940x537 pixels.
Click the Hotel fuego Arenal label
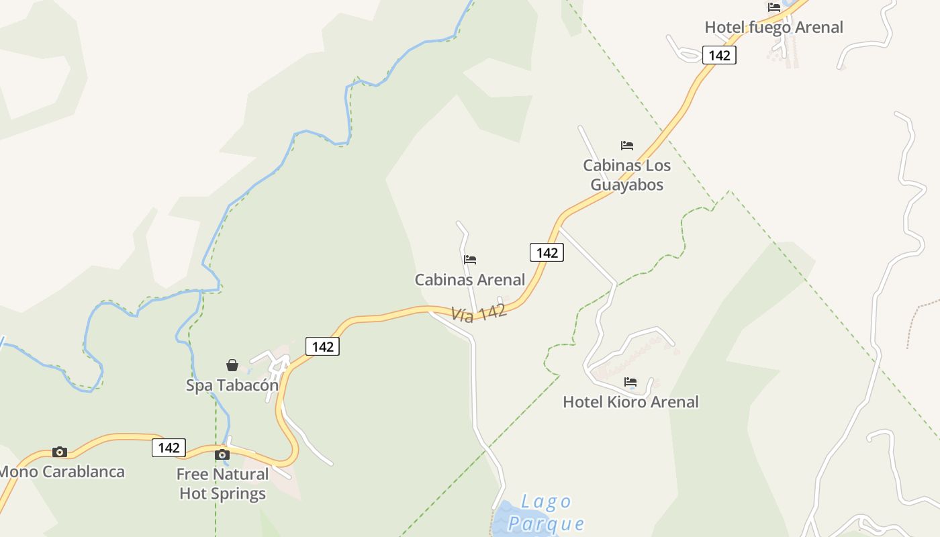point(773,28)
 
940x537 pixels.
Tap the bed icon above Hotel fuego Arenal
point(774,7)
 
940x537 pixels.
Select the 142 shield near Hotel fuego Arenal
point(719,55)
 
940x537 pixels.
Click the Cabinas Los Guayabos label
point(626,175)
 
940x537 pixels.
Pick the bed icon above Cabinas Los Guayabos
point(627,145)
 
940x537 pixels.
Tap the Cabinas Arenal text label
point(470,279)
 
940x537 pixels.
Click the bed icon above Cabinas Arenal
point(470,259)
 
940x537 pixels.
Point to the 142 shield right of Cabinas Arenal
point(547,252)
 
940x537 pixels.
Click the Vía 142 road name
point(479,313)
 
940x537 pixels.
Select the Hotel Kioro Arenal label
point(630,401)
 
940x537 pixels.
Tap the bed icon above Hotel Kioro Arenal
point(630,382)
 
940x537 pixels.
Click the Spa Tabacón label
point(232,385)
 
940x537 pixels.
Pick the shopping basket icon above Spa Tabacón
point(232,365)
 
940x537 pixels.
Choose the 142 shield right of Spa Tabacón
point(322,346)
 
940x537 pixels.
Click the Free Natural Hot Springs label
point(222,483)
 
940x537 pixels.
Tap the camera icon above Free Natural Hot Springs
point(222,454)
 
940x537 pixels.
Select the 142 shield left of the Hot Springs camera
point(169,448)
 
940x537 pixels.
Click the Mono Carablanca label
point(62,471)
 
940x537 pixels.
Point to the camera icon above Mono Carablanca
point(60,452)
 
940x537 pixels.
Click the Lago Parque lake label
point(546,512)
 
